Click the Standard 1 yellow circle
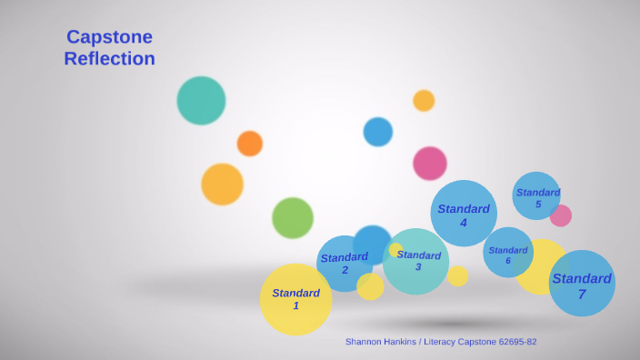coord(295,300)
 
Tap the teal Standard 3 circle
coord(416,263)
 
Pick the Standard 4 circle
coord(464,214)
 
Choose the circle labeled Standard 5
coord(536,195)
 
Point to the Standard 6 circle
coord(507,254)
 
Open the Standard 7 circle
coord(582,284)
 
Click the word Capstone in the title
coord(109,37)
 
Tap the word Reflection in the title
coord(109,59)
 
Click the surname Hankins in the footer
coord(401,342)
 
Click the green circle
coord(293,218)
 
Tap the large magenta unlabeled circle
coord(430,164)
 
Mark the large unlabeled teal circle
coord(201,101)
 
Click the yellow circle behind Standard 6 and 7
coord(543,266)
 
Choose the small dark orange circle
coord(250,144)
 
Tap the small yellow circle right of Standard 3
coord(458,276)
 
